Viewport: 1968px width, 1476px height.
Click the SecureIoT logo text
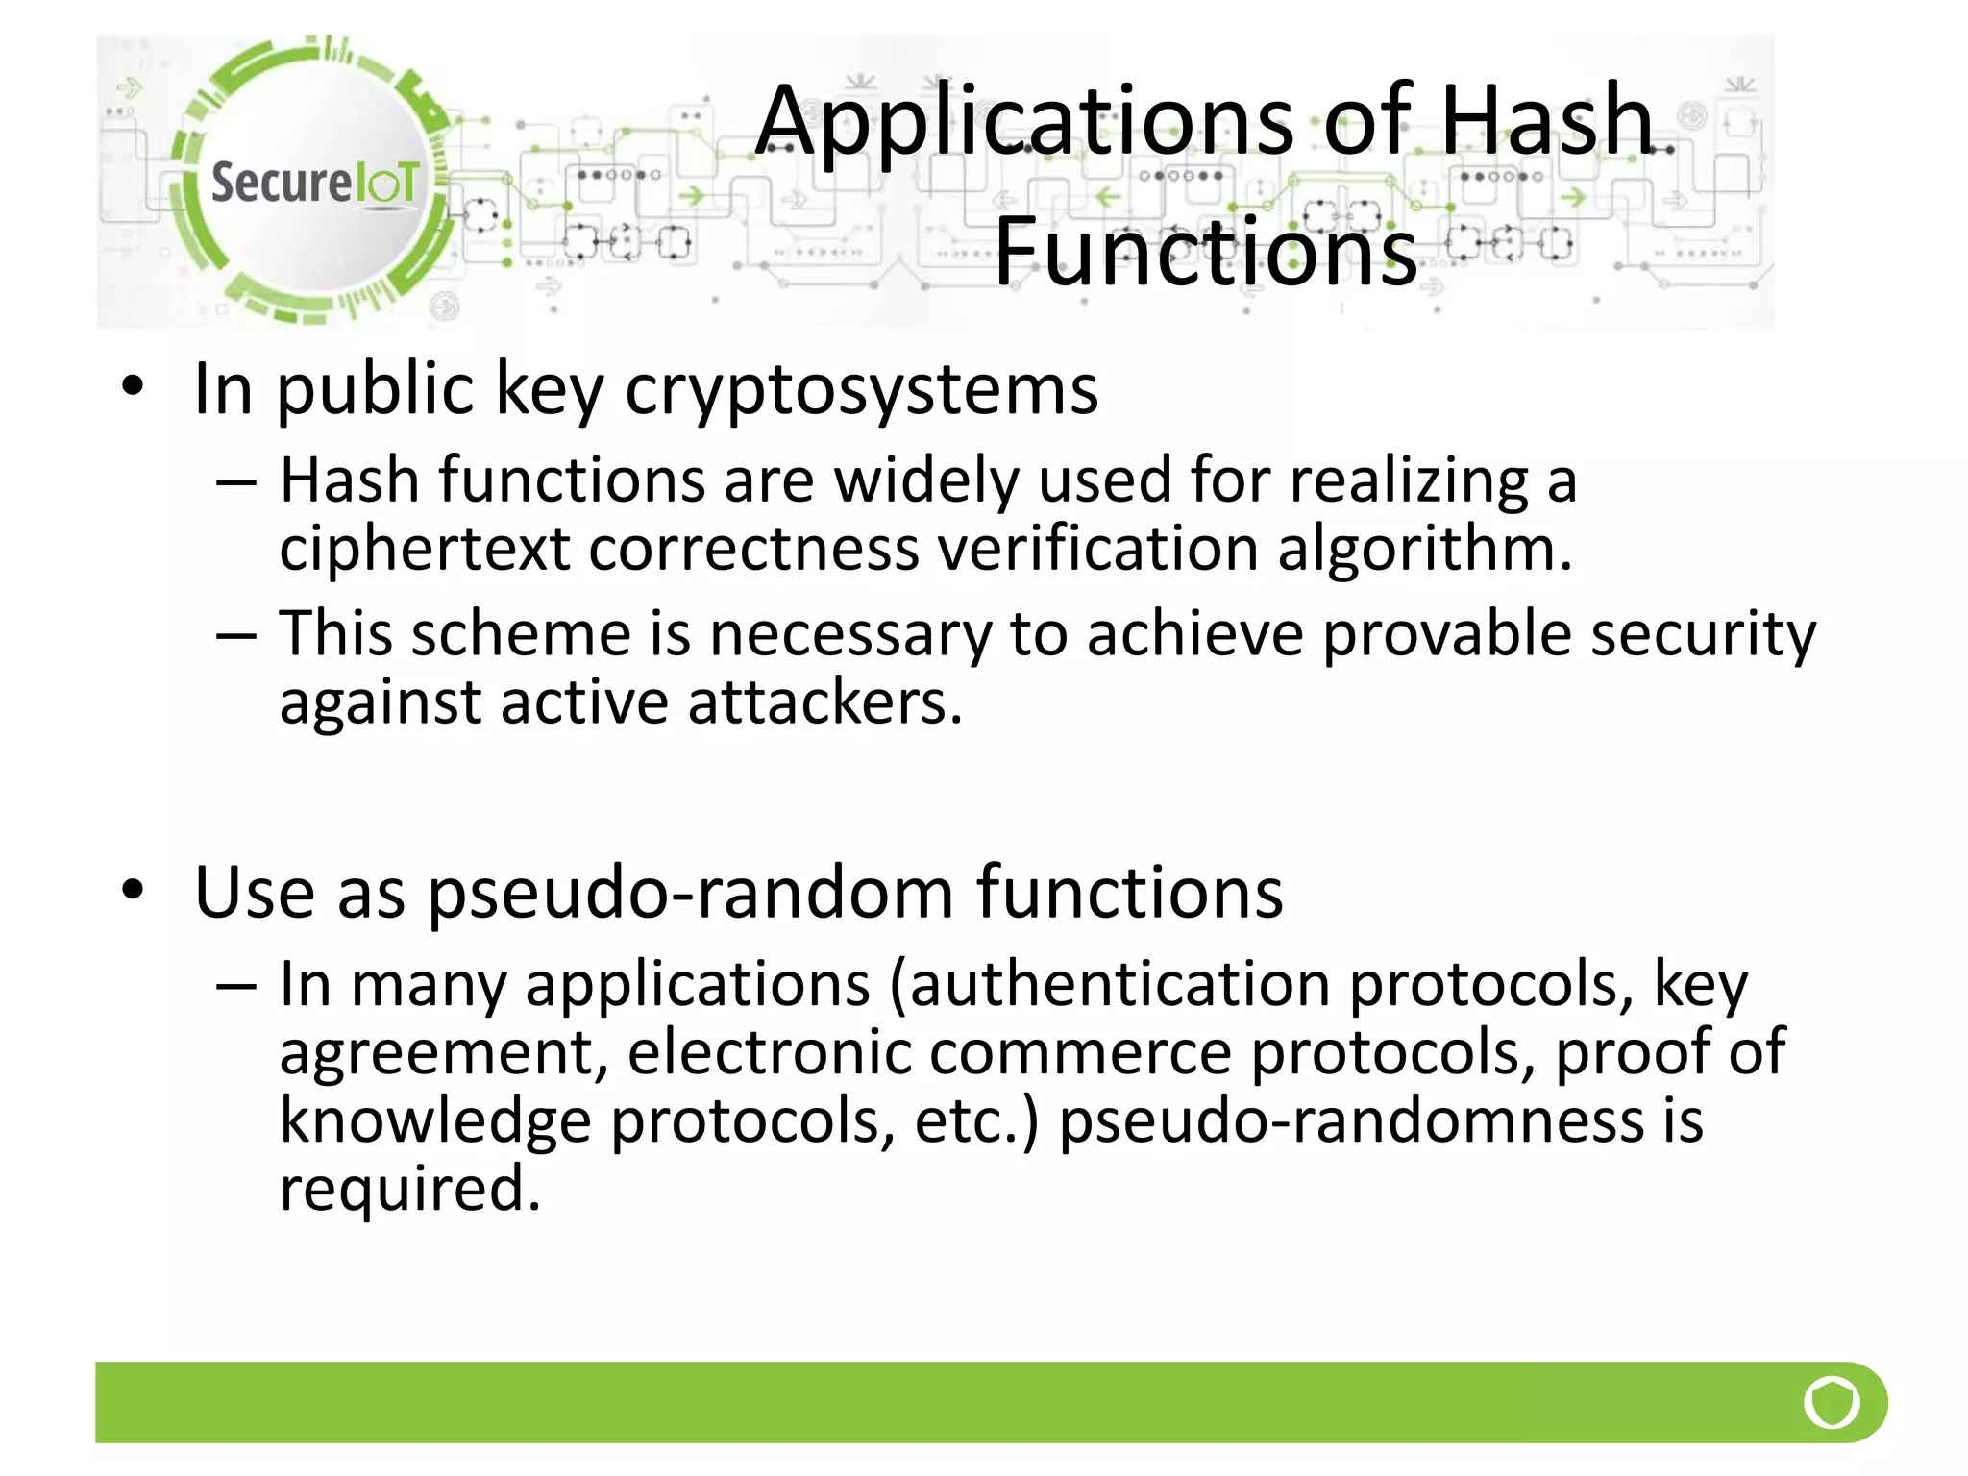point(314,183)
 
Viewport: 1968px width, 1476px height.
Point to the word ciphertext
point(424,550)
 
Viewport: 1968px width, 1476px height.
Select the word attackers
point(824,702)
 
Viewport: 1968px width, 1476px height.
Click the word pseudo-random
point(691,893)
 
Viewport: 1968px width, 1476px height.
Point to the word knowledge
point(434,1121)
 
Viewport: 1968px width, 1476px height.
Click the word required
point(409,1189)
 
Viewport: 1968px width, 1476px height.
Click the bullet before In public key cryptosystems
point(133,387)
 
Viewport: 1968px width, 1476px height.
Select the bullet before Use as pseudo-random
point(133,891)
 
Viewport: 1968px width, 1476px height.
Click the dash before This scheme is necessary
point(236,636)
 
